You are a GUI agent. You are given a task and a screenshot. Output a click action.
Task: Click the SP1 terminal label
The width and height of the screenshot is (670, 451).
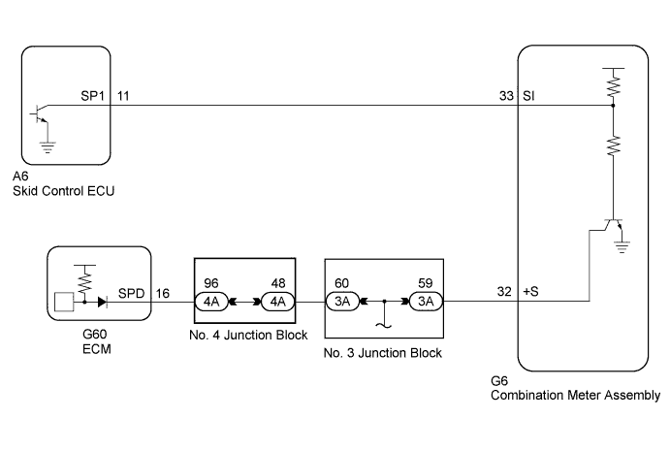coord(93,96)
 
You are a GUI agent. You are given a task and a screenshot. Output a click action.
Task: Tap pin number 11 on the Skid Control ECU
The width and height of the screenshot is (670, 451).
coord(123,96)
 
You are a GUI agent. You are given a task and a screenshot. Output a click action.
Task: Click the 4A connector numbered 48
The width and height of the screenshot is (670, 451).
coord(276,302)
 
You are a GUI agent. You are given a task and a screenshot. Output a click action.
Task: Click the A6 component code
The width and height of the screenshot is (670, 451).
coord(22,177)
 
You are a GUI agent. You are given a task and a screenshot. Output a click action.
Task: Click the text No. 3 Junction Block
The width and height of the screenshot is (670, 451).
coord(384,353)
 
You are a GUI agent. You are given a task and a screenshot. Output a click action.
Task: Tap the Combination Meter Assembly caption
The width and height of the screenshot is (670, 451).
coord(576,395)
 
